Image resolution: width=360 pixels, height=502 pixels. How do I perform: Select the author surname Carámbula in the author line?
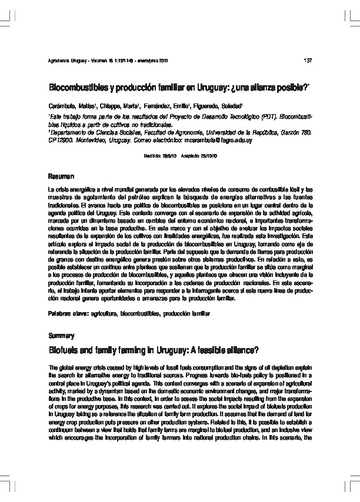62,105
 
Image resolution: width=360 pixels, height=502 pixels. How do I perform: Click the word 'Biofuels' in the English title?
65,350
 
